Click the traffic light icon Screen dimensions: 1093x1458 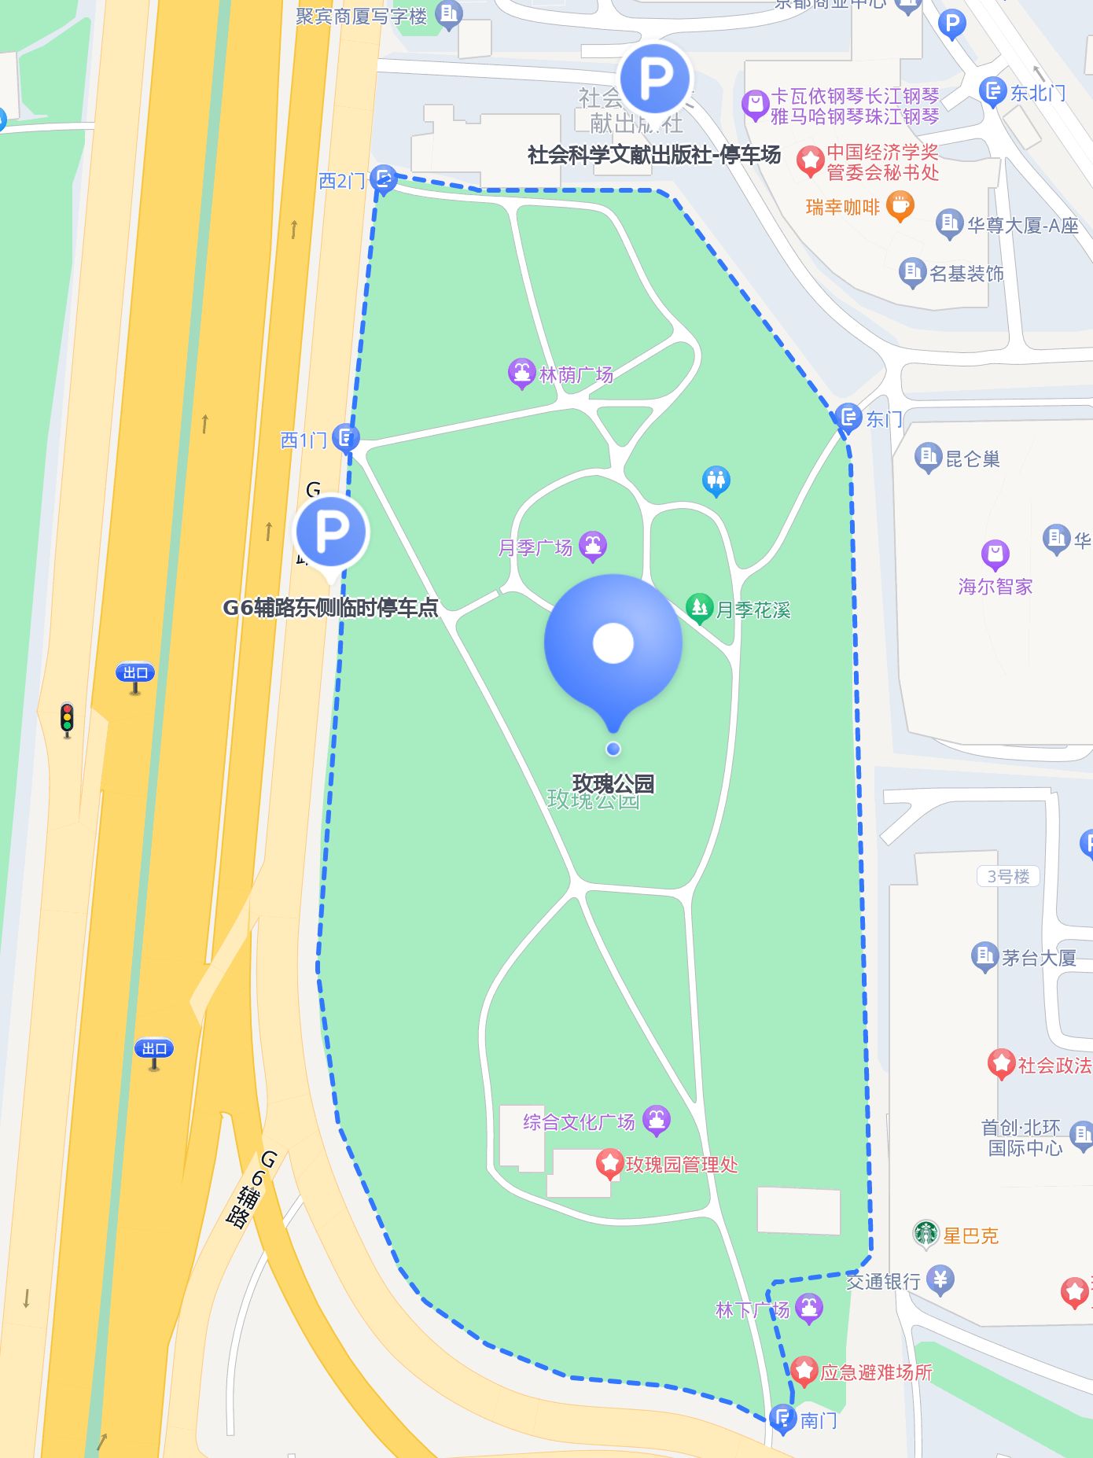(x=68, y=719)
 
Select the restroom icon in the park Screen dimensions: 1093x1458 (x=716, y=480)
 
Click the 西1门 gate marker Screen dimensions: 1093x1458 (x=345, y=437)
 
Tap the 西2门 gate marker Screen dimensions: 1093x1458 (x=383, y=179)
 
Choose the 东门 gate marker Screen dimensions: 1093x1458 (x=848, y=417)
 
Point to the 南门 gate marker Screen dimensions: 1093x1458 (x=782, y=1418)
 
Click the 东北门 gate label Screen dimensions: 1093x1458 (x=1037, y=94)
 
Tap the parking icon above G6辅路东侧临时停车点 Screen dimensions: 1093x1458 (x=331, y=532)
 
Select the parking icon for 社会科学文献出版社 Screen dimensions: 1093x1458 (x=655, y=78)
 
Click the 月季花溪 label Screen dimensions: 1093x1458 (x=753, y=609)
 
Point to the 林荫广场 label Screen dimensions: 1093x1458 (x=576, y=374)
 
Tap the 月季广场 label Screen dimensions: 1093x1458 (x=535, y=547)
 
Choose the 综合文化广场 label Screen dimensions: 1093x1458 (x=579, y=1121)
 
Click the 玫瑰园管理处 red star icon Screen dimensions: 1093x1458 (x=609, y=1163)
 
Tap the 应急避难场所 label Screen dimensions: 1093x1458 (x=876, y=1372)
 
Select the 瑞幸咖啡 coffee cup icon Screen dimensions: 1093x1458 (x=900, y=206)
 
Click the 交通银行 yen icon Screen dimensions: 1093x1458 (x=940, y=1279)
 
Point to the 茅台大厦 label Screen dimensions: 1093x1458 (x=1038, y=957)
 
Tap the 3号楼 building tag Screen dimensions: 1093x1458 (x=1008, y=876)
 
